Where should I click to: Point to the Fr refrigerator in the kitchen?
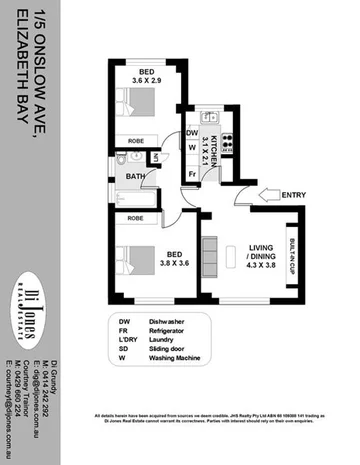pos(191,176)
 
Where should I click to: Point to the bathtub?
pos(135,195)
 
